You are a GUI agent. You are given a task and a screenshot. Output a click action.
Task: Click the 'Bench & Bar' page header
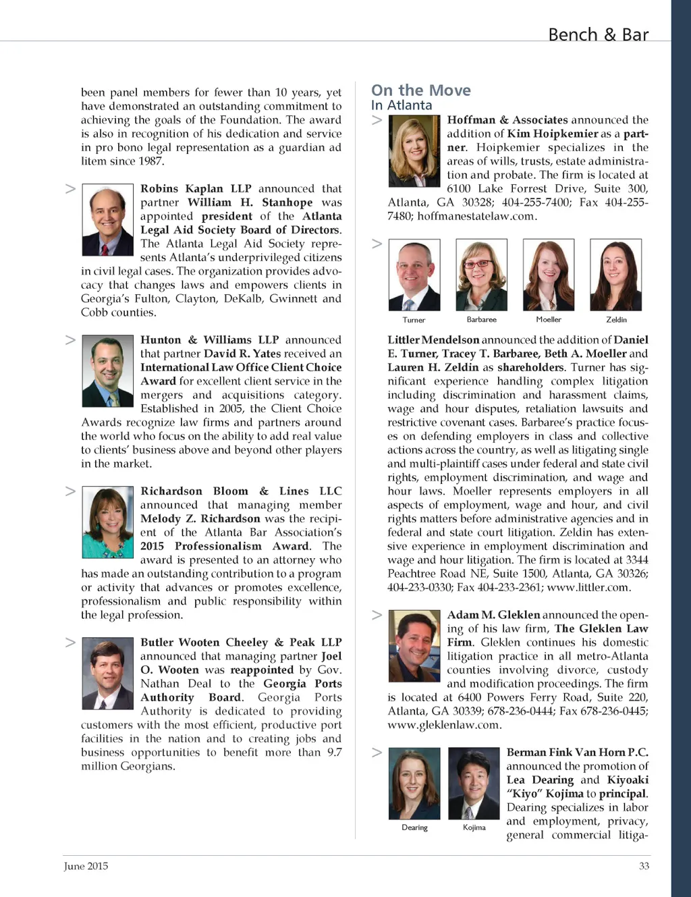click(598, 34)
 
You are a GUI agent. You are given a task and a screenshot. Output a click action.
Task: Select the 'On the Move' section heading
click(421, 90)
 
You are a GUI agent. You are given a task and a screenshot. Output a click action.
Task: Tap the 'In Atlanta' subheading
click(402, 105)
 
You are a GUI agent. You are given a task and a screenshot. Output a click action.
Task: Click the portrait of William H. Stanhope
click(108, 219)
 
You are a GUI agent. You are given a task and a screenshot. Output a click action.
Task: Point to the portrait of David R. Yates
click(108, 371)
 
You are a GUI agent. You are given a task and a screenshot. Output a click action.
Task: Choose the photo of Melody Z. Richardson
click(108, 522)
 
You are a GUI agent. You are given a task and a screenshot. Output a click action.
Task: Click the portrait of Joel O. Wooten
click(108, 673)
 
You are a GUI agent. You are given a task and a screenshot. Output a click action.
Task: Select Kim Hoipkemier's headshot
click(414, 151)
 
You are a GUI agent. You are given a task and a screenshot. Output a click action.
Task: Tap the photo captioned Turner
click(414, 275)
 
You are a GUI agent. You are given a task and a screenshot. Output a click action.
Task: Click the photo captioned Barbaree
click(481, 275)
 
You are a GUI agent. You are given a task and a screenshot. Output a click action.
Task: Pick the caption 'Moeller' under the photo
click(549, 319)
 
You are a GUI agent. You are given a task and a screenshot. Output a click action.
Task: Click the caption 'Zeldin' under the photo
click(616, 319)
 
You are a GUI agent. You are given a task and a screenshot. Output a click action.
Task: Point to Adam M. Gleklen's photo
click(414, 646)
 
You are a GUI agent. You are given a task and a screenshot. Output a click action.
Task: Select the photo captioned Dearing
click(414, 783)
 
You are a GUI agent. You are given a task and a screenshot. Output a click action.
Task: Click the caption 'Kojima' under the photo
click(474, 827)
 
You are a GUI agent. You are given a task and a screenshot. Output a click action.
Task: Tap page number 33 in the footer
click(644, 866)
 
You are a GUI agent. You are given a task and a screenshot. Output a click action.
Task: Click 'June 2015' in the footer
click(86, 866)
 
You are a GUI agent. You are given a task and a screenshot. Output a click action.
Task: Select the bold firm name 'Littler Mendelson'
click(433, 339)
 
